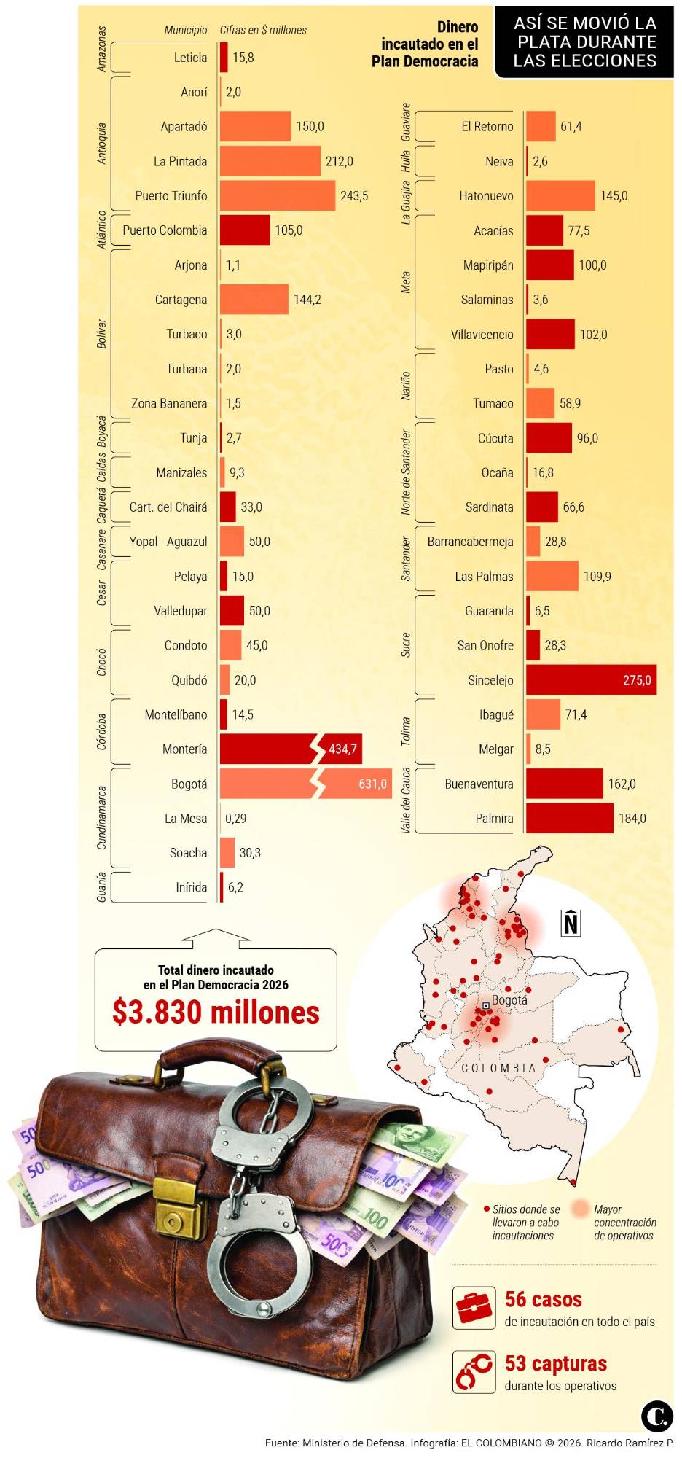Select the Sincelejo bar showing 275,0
pyautogui.click(x=590, y=679)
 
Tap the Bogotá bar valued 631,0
pyautogui.click(x=305, y=784)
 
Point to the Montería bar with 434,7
pyautogui.click(x=290, y=749)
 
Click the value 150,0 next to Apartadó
pyautogui.click(x=310, y=127)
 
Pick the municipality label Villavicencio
pyautogui.click(x=482, y=335)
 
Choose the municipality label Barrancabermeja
pyautogui.click(x=470, y=542)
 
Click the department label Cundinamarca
pyautogui.click(x=102, y=817)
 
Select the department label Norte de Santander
pyautogui.click(x=406, y=472)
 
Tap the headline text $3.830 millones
pyautogui.click(x=216, y=1013)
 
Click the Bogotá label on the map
pyautogui.click(x=509, y=1000)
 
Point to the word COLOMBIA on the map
pyautogui.click(x=498, y=1068)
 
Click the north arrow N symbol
pyautogui.click(x=571, y=923)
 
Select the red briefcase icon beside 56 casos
pyautogui.click(x=474, y=1308)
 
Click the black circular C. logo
pyautogui.click(x=656, y=1416)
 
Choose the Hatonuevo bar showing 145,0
pyautogui.click(x=560, y=195)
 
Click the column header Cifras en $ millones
pyautogui.click(x=263, y=30)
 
